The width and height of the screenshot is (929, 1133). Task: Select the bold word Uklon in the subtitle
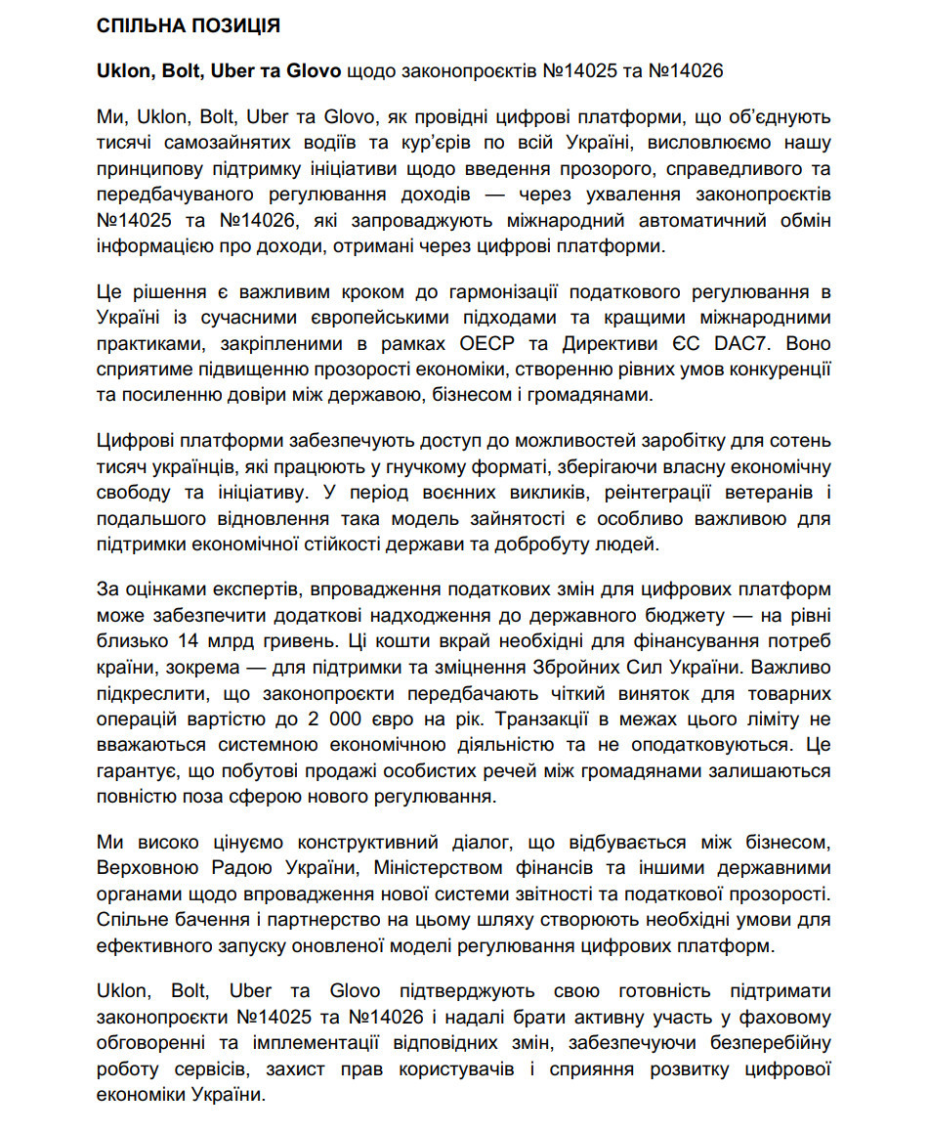pos(122,71)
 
